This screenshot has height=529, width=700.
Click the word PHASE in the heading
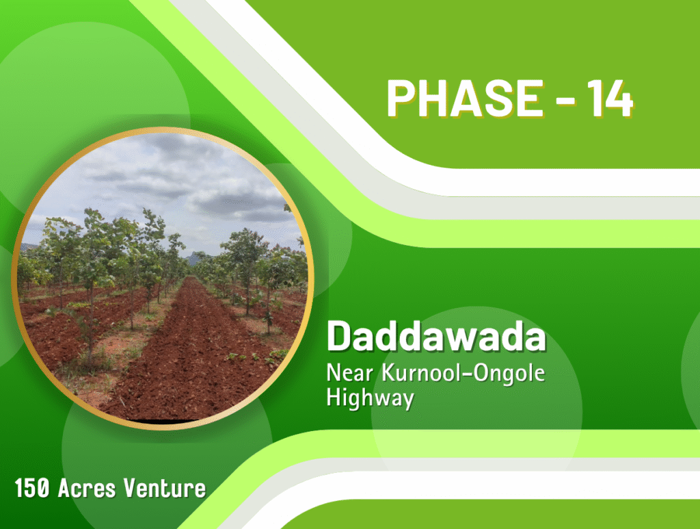click(x=465, y=99)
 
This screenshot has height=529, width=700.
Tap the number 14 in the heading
click(x=610, y=99)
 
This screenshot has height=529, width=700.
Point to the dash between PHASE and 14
click(x=565, y=100)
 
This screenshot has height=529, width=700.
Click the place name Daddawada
click(x=436, y=337)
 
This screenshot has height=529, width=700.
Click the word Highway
click(x=370, y=398)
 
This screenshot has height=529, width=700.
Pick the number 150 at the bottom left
click(x=31, y=488)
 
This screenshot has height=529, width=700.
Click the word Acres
click(x=87, y=488)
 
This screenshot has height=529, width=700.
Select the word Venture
click(x=165, y=488)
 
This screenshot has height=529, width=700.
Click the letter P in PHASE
click(x=401, y=99)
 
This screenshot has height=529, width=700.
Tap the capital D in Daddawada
click(x=340, y=336)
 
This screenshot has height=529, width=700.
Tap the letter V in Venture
click(x=131, y=488)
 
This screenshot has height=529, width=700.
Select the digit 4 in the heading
click(x=619, y=99)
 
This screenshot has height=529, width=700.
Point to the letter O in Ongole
click(x=481, y=373)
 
